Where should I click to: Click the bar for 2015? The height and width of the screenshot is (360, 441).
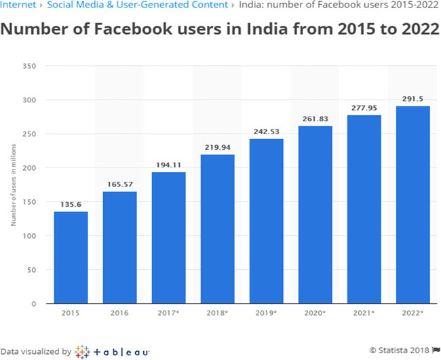coord(71,258)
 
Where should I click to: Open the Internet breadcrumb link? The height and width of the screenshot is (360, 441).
coord(16,5)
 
